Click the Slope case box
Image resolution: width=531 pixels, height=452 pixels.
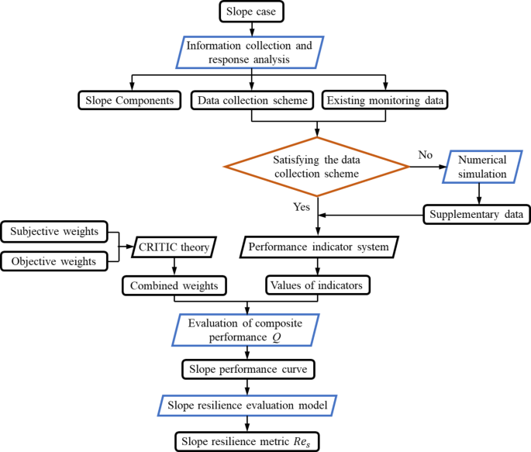tap(252, 12)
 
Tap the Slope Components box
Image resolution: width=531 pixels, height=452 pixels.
tap(129, 100)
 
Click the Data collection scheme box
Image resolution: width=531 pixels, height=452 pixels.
tap(252, 100)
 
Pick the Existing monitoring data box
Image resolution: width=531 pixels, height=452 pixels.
tap(385, 100)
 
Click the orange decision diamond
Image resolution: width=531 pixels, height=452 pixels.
tap(316, 167)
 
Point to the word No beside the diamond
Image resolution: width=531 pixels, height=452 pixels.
tap(426, 154)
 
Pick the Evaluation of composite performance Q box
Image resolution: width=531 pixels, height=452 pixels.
tap(246, 330)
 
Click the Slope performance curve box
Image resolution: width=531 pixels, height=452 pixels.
tap(247, 369)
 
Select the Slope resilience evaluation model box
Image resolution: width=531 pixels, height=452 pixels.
tap(247, 405)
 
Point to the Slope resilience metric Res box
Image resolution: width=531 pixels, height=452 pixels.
tap(247, 441)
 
